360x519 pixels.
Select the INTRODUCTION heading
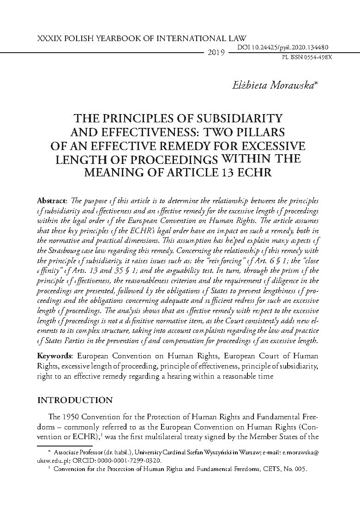pyautogui.click(x=74, y=400)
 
